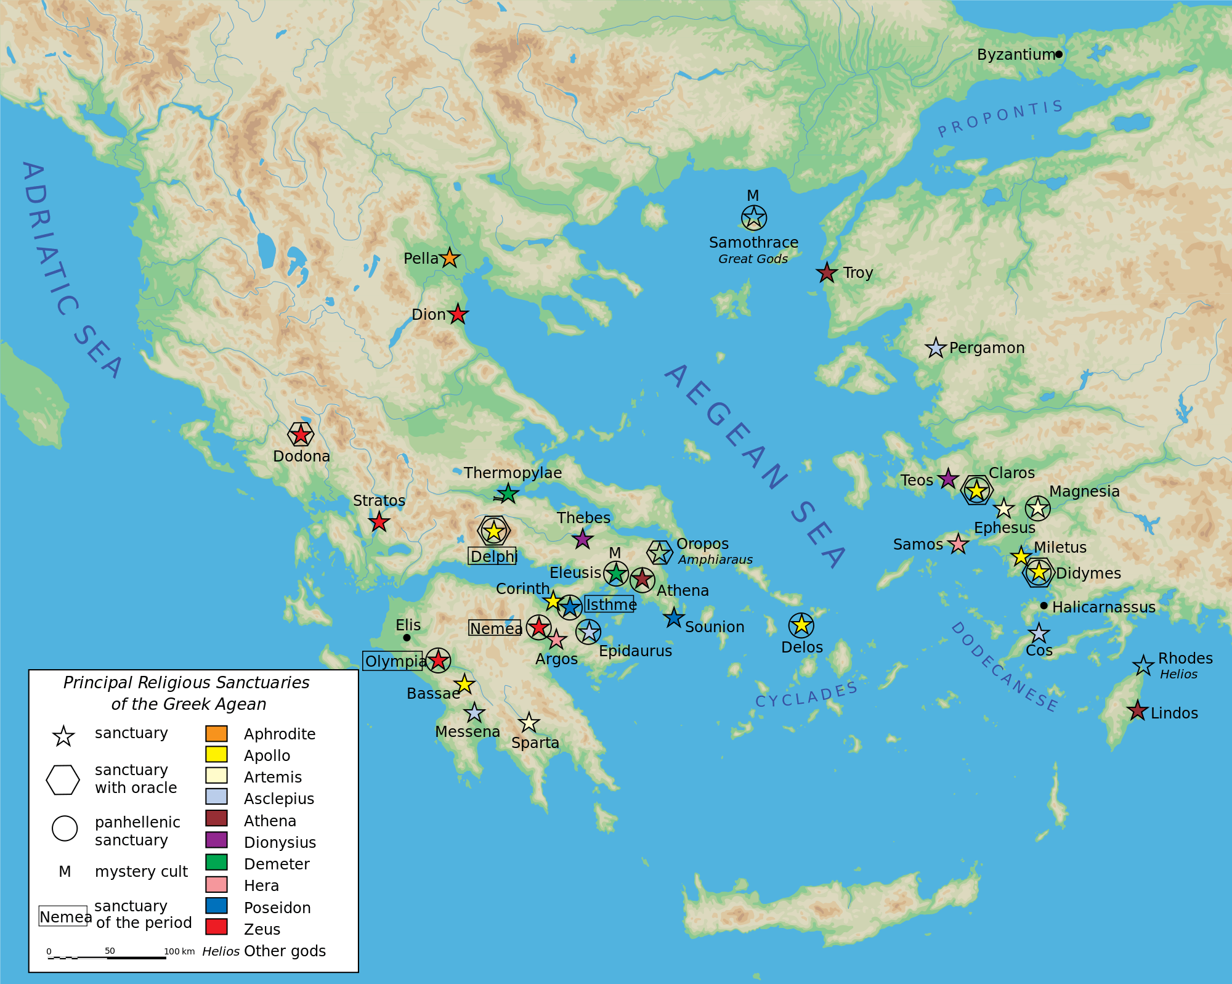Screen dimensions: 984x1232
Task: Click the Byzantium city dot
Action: click(1059, 54)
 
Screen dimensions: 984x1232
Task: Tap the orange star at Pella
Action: click(450, 258)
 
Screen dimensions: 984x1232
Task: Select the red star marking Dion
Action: click(458, 314)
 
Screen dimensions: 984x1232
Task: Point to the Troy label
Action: click(858, 272)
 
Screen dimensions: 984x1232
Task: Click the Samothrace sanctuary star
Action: click(753, 217)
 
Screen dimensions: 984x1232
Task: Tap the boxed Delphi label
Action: click(493, 556)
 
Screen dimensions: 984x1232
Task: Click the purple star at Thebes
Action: click(583, 539)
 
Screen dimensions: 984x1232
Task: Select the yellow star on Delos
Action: click(801, 625)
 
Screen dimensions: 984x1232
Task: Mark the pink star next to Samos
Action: click(958, 543)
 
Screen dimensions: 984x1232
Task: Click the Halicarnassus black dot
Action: click(1044, 606)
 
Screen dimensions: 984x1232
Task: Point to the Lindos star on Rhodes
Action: click(1137, 711)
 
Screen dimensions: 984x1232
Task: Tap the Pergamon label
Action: click(987, 348)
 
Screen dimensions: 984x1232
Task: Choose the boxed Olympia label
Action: click(394, 661)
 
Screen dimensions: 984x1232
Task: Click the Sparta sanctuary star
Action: click(529, 722)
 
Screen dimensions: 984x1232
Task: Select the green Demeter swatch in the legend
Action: click(216, 862)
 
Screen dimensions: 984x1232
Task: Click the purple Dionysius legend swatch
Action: click(216, 840)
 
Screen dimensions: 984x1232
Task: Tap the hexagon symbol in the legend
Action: click(63, 779)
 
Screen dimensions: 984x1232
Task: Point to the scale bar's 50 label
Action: click(110, 951)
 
